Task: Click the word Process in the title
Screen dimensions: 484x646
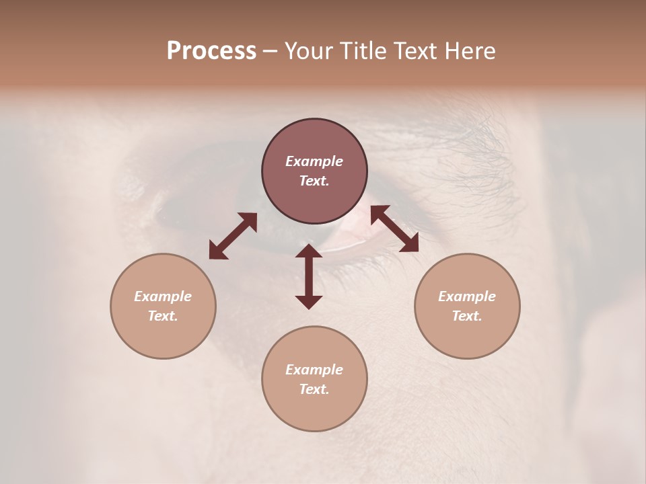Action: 211,51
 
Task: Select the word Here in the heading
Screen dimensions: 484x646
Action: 469,51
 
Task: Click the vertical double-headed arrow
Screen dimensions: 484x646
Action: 309,276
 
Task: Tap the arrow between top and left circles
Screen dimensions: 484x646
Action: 233,236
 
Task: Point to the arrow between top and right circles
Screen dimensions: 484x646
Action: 394,229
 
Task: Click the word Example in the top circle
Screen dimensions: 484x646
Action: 314,161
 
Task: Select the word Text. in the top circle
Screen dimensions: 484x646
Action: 314,181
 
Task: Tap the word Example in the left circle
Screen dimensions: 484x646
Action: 163,296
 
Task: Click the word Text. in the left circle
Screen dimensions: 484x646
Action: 163,316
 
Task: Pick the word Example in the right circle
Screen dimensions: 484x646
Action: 467,296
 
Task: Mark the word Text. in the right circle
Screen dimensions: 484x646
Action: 467,316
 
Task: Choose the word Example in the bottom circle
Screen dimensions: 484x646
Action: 314,370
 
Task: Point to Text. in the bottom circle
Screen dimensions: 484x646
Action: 314,389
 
